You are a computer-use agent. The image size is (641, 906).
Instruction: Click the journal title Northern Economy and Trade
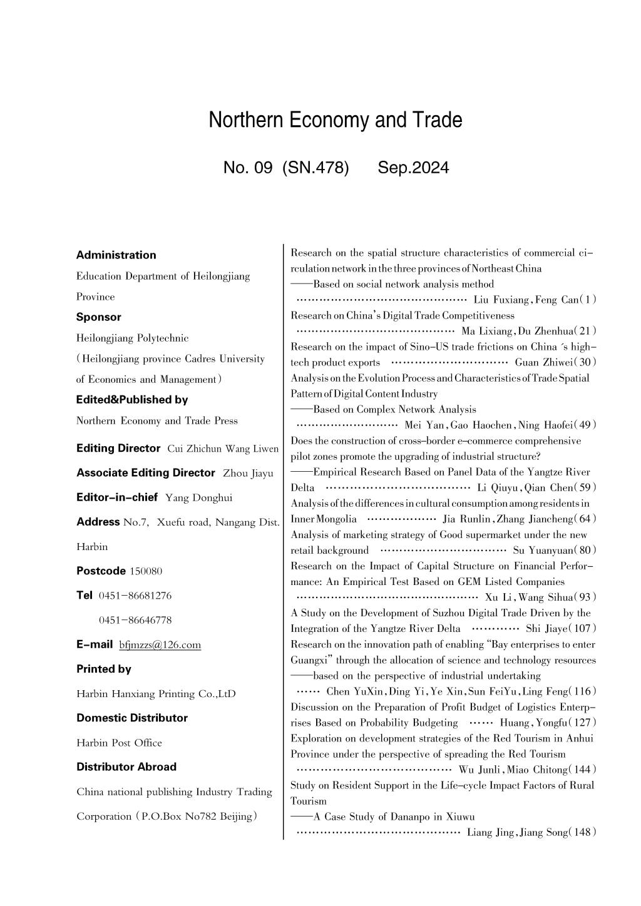click(x=336, y=120)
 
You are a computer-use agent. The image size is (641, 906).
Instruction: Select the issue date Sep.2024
click(x=413, y=168)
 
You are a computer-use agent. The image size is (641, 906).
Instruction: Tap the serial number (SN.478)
click(x=315, y=168)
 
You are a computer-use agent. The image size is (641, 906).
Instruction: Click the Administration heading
click(x=116, y=255)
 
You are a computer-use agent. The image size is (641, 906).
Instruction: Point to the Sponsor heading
click(x=99, y=317)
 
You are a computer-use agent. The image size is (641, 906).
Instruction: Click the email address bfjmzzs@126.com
click(x=160, y=644)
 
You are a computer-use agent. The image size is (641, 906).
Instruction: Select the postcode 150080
click(x=146, y=571)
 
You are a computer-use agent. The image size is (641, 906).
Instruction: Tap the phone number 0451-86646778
click(x=135, y=620)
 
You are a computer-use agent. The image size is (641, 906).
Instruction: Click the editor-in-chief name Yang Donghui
click(x=198, y=498)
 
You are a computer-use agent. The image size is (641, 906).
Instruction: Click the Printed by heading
click(x=104, y=669)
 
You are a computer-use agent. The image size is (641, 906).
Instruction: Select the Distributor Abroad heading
click(x=126, y=766)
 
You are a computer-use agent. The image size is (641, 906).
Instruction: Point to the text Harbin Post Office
click(x=119, y=743)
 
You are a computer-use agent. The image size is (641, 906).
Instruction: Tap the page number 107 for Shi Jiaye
click(x=585, y=628)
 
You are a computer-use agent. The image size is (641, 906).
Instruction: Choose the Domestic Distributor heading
click(x=132, y=718)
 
